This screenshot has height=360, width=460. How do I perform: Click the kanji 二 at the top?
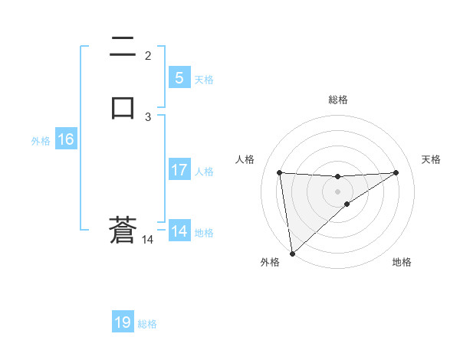click(x=123, y=47)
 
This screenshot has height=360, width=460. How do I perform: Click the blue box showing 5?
click(x=179, y=78)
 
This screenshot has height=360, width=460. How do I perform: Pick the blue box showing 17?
click(x=179, y=170)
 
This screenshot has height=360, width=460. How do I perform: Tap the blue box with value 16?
click(x=65, y=139)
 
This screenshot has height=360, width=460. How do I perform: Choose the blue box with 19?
click(x=123, y=322)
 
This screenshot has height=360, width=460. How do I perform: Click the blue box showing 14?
click(x=179, y=231)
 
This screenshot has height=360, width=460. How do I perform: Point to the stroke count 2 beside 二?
click(x=148, y=55)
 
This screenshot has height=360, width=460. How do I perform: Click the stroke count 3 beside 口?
click(x=148, y=116)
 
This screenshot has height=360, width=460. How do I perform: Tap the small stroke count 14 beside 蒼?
click(x=148, y=240)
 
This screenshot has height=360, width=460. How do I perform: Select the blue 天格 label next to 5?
click(x=204, y=80)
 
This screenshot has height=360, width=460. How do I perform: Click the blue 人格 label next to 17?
click(x=204, y=172)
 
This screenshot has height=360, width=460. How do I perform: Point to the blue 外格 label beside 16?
click(x=41, y=141)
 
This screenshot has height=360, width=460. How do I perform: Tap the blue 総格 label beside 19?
click(x=147, y=324)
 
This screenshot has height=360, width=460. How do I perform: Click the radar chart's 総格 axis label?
click(x=338, y=100)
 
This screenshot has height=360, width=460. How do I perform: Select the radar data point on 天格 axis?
click(x=396, y=172)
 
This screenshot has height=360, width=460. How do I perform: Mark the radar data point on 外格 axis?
click(x=291, y=253)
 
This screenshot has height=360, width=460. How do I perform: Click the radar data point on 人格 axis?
click(x=280, y=172)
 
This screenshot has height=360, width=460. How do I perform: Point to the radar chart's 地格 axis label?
click(x=402, y=262)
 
